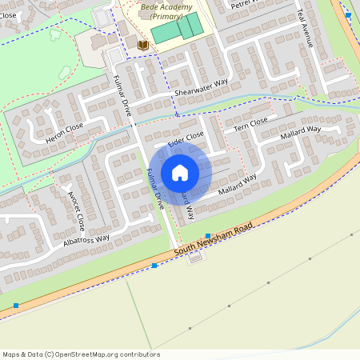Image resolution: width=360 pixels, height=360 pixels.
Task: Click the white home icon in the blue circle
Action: [x=180, y=173]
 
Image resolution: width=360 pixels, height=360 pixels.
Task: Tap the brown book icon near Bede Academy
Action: [x=142, y=46]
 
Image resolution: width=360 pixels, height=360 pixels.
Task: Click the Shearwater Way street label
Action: [x=202, y=86]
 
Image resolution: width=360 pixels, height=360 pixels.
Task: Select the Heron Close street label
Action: [x=65, y=134]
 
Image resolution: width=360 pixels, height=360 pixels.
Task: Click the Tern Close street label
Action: [x=250, y=124]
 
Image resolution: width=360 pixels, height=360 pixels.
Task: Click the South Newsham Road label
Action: [x=214, y=241]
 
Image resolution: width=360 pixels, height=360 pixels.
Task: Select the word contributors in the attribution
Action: [x=140, y=354]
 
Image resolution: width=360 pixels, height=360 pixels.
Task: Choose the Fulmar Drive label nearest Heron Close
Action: [x=122, y=95]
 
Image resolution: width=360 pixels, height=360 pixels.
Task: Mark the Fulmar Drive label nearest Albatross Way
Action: [x=156, y=190]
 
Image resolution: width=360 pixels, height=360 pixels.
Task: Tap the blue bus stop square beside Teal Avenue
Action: [x=348, y=14]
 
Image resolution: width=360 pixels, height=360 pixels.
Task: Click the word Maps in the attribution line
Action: [x=11, y=354]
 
